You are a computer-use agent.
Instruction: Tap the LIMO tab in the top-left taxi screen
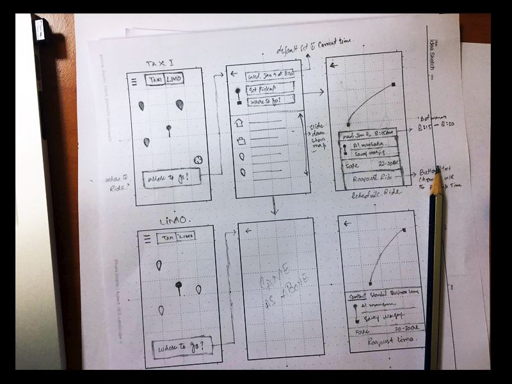pyautogui.click(x=173, y=79)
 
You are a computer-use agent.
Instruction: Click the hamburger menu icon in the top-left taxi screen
pyautogui.click(x=134, y=81)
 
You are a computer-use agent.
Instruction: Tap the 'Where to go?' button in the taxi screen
pyautogui.click(x=172, y=179)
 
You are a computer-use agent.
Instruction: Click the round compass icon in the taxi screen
pyautogui.click(x=198, y=160)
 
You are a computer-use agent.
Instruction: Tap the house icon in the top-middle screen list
pyautogui.click(x=240, y=123)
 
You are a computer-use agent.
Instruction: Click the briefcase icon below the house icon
pyautogui.click(x=241, y=141)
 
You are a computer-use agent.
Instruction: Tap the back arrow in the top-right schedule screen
pyautogui.click(x=334, y=64)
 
